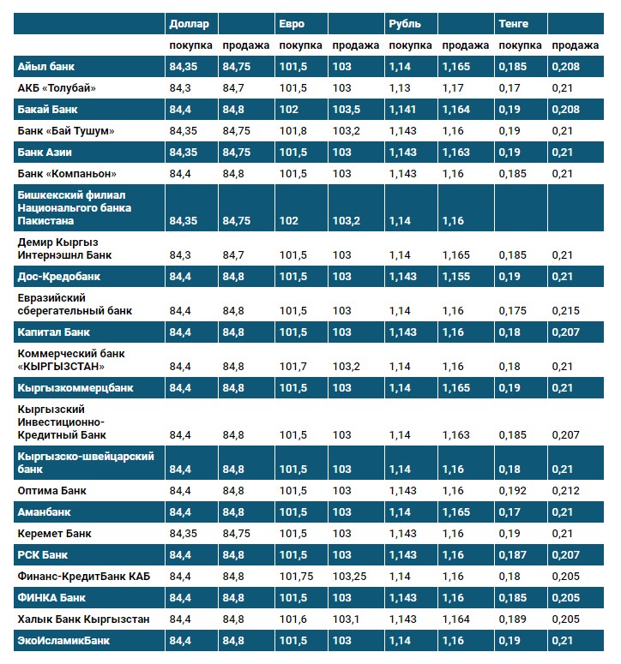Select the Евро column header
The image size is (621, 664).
click(x=292, y=23)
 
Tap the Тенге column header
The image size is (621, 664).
click(x=513, y=23)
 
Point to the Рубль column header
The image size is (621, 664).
click(x=404, y=23)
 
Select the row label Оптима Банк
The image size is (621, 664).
click(x=52, y=491)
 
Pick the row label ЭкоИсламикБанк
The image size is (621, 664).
click(x=63, y=640)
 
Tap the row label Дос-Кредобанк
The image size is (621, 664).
click(x=59, y=277)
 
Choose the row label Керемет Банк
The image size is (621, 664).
click(x=54, y=534)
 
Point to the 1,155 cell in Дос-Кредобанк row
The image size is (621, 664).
click(x=456, y=277)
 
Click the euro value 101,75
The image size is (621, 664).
click(x=296, y=576)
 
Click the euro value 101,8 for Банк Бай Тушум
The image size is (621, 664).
click(x=292, y=130)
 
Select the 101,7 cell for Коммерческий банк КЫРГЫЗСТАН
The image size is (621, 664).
click(x=292, y=367)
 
